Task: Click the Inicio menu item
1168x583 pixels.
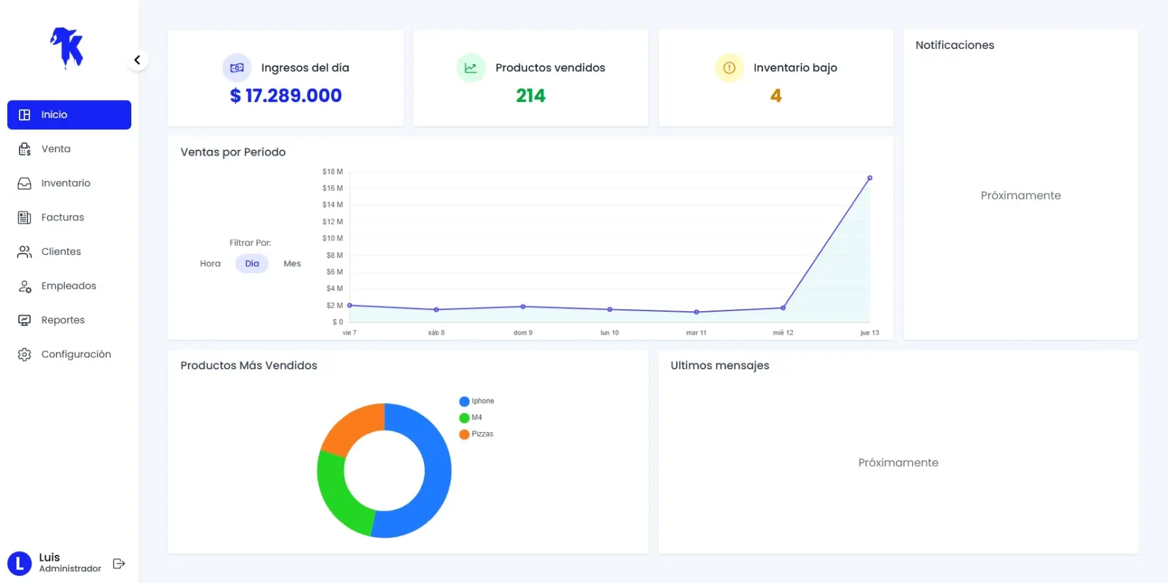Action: pos(69,114)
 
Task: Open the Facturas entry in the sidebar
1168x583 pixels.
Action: pos(62,217)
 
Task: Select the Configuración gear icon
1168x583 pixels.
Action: pos(24,354)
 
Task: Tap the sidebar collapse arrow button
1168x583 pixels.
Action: pos(137,60)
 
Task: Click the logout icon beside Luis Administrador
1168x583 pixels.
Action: pos(119,563)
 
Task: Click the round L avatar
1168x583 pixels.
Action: pos(19,563)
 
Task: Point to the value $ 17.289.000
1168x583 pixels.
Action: pos(285,95)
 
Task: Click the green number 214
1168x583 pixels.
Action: pos(530,95)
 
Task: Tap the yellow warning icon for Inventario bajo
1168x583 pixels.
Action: pos(729,68)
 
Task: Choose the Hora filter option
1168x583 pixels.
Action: pos(210,263)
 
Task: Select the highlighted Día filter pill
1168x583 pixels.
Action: pos(252,263)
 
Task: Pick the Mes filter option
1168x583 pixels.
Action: pos(292,263)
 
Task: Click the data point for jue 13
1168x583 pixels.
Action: pos(869,178)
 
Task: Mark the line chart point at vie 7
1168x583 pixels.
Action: pos(349,305)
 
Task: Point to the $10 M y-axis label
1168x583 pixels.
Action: pos(333,239)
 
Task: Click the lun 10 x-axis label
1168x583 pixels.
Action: pos(609,333)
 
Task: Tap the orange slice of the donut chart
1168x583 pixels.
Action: pos(350,427)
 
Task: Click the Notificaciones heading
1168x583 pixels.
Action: pos(954,45)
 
